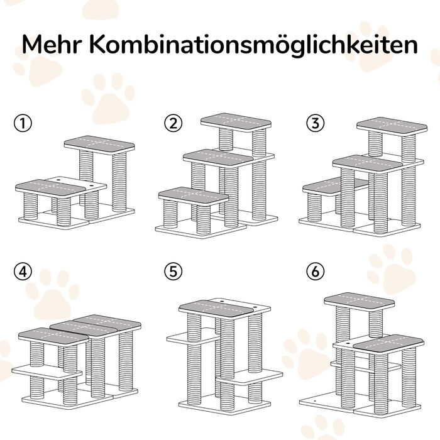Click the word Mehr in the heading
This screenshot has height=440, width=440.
pos(52,45)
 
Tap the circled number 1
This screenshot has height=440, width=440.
pos(23,123)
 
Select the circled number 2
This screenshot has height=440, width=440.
pos(173,123)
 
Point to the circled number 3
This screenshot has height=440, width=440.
pos(316,123)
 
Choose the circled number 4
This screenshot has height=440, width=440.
pos(23,271)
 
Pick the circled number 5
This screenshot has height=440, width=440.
pos(173,271)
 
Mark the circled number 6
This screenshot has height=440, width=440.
pos(316,271)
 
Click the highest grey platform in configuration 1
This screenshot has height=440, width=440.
pos(99,145)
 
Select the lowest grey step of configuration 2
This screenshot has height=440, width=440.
pos(194,196)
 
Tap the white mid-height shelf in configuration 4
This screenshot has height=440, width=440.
pos(47,372)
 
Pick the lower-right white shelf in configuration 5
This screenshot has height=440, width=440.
pos(250,377)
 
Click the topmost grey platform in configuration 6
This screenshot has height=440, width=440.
pos(359,301)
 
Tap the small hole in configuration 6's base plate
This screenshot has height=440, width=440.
pos(314,402)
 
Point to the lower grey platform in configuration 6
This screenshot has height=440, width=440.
pos(388,343)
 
